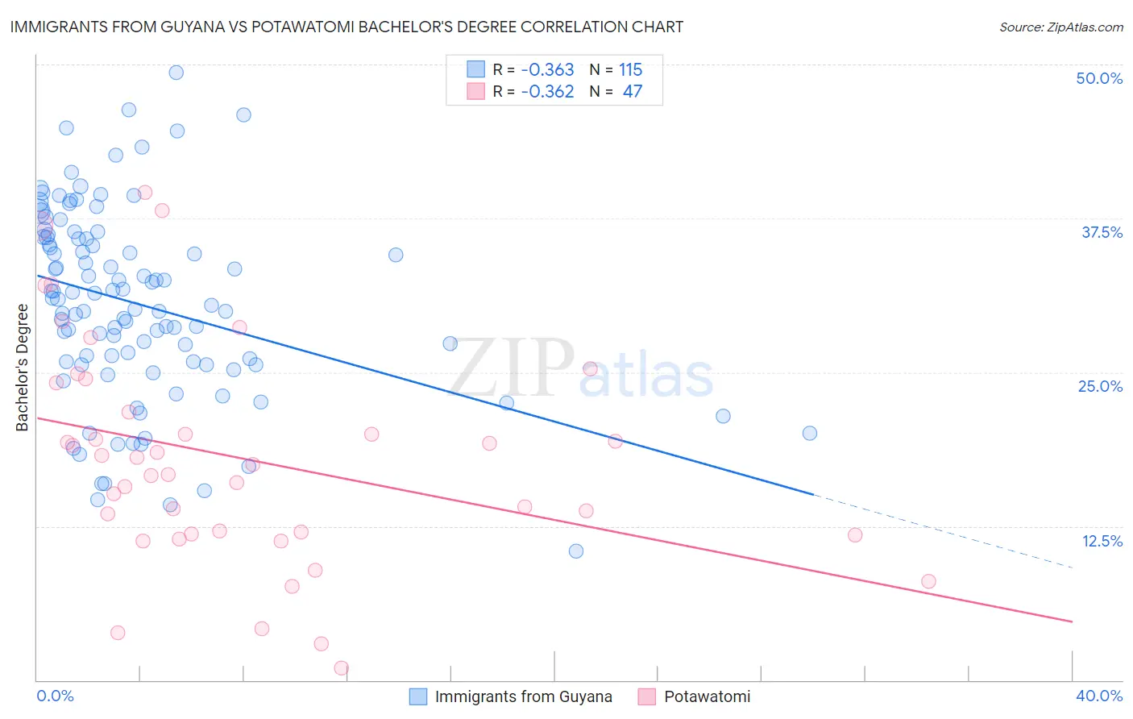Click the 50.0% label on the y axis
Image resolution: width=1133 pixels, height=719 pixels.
(x=1099, y=78)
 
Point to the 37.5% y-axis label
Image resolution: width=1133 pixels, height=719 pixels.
(x=1102, y=232)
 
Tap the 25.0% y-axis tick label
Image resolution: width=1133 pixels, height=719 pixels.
(x=1100, y=386)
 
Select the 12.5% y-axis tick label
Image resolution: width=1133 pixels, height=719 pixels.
(x=1102, y=541)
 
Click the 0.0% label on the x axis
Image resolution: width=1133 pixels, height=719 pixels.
(x=55, y=696)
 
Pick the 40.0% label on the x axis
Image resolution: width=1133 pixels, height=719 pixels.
(x=1099, y=696)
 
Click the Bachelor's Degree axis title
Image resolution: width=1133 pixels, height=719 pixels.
(x=23, y=368)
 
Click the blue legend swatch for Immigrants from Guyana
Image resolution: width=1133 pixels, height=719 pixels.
(x=417, y=696)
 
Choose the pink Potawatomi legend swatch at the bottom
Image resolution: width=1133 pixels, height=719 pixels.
(x=646, y=696)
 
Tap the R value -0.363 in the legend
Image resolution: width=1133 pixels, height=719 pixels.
(x=547, y=70)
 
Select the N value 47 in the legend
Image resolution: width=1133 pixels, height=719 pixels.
(x=633, y=92)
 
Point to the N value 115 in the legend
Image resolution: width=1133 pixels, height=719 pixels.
(x=630, y=70)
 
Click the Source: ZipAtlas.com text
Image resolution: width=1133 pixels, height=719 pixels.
(x=1060, y=27)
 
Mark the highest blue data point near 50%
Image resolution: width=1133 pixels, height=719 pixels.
(x=176, y=73)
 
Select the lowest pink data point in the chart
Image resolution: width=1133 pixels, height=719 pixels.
(x=341, y=668)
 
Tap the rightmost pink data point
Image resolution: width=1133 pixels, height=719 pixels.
(x=928, y=581)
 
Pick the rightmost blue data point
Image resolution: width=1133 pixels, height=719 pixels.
(x=810, y=433)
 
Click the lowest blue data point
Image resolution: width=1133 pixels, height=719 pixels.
(x=576, y=551)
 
